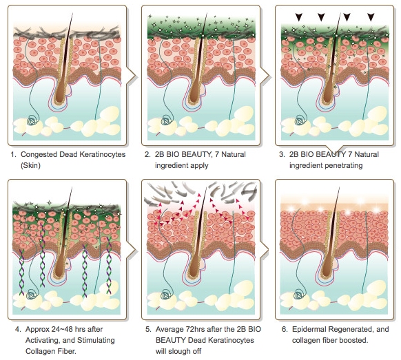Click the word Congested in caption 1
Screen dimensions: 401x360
(39, 154)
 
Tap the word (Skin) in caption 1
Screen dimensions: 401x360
(30, 166)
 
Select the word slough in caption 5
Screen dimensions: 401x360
(179, 351)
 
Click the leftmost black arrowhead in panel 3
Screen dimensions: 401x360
(299, 17)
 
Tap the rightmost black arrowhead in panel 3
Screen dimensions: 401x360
(371, 17)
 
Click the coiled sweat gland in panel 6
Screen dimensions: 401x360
(300, 294)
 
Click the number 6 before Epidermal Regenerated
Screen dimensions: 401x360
(285, 329)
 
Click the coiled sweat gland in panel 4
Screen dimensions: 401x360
(32, 295)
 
